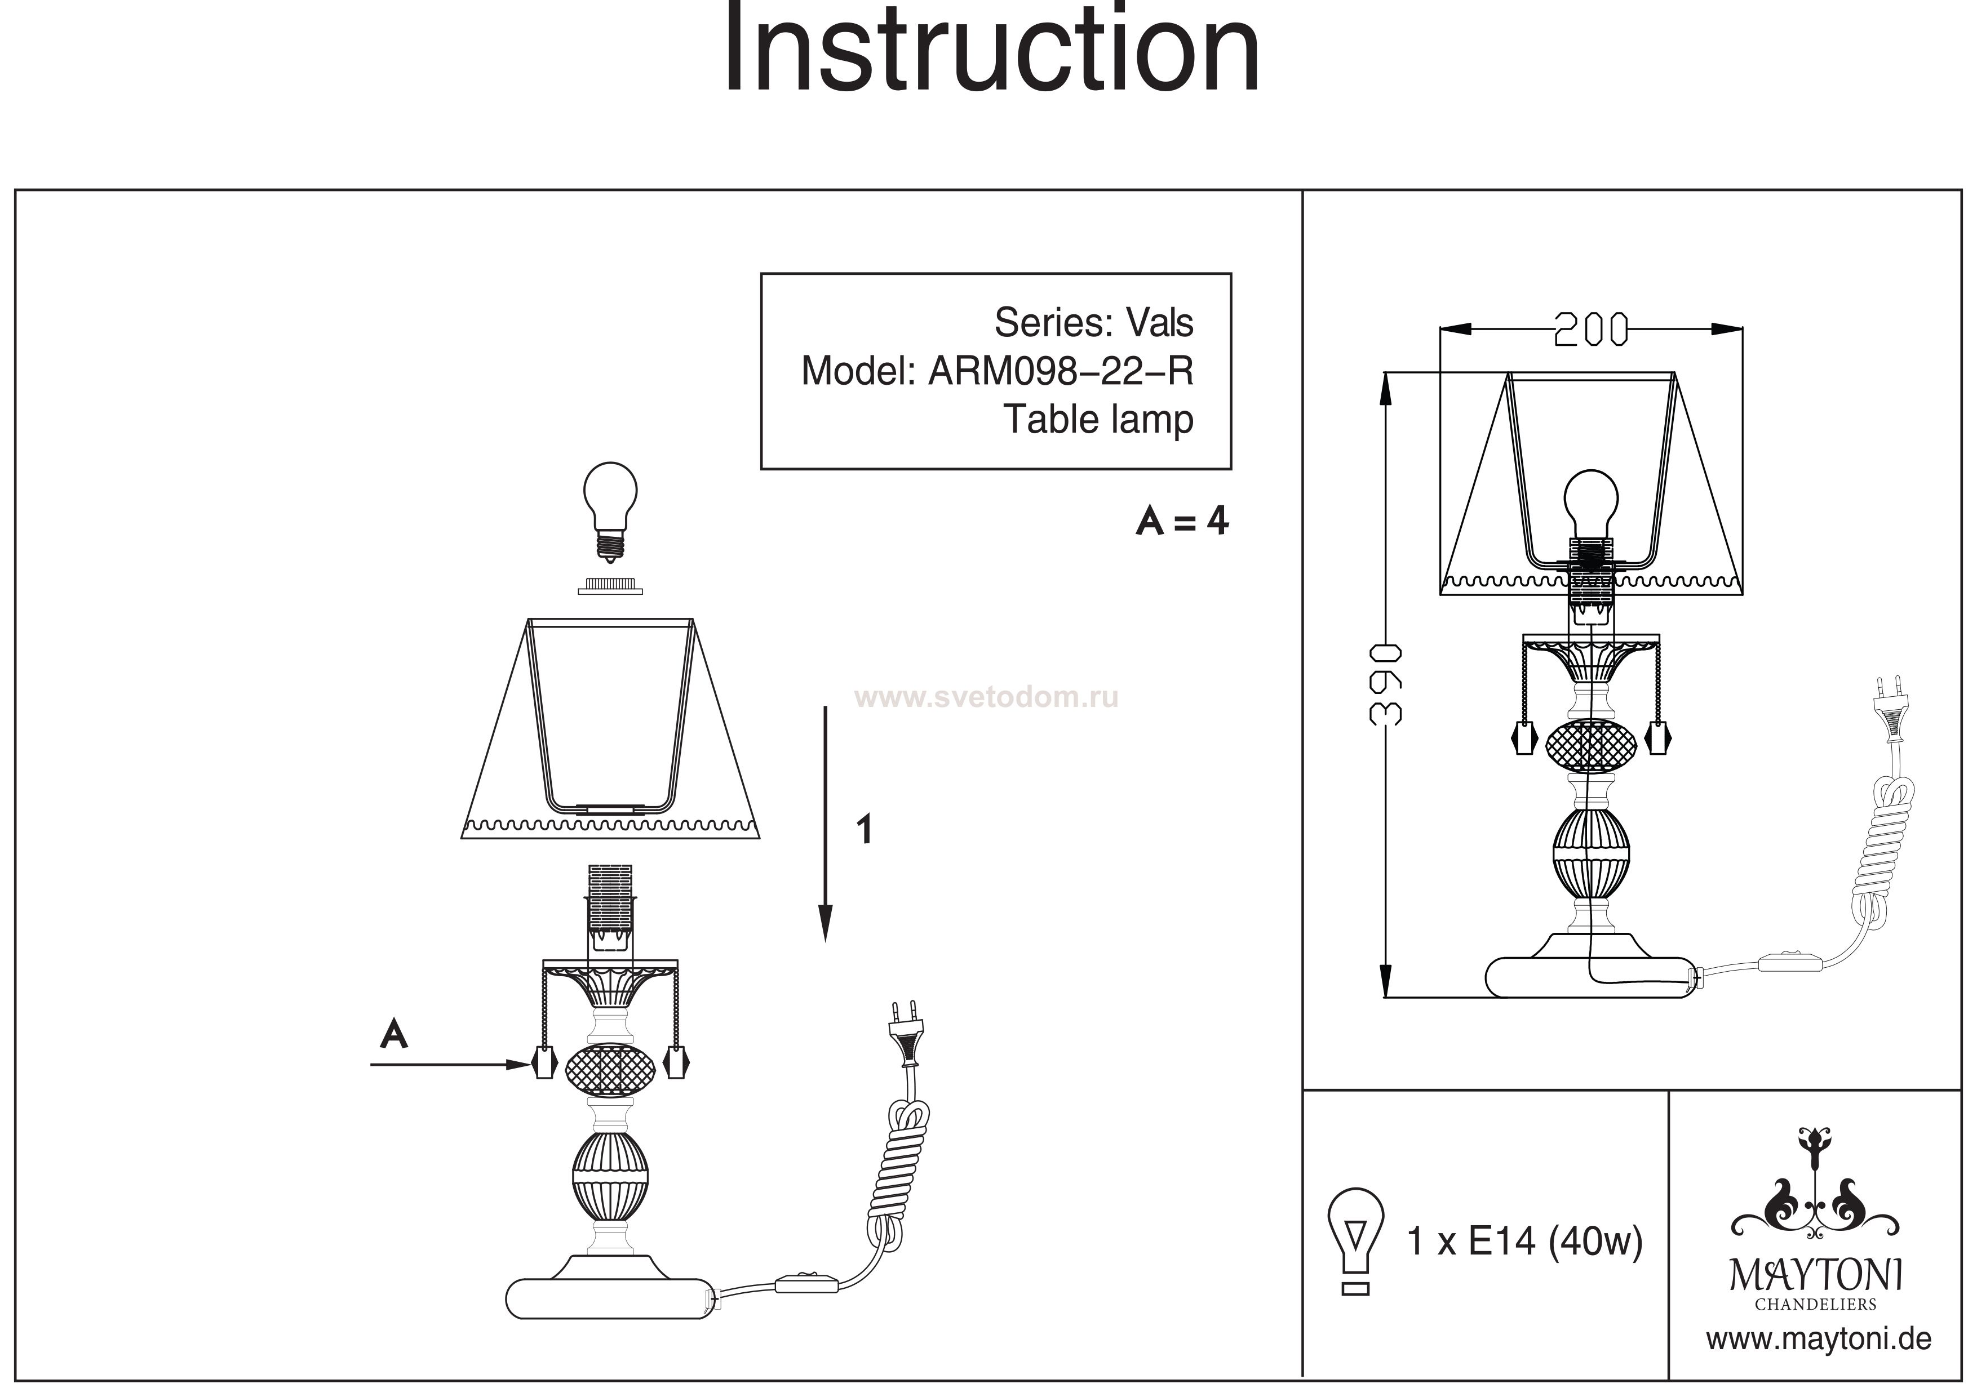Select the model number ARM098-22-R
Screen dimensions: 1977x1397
coord(1061,371)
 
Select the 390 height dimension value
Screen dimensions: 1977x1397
coord(1387,684)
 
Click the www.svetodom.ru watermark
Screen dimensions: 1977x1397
coord(987,696)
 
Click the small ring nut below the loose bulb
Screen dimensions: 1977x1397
coord(610,585)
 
